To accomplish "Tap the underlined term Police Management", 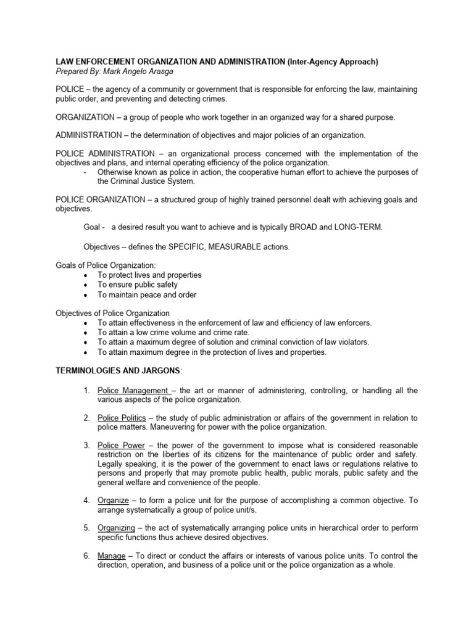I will [x=133, y=391].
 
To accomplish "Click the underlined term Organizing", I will [x=117, y=529].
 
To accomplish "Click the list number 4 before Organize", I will [x=86, y=502].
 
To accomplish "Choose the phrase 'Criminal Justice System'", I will [x=152, y=181].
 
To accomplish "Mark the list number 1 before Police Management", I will [x=86, y=391].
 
